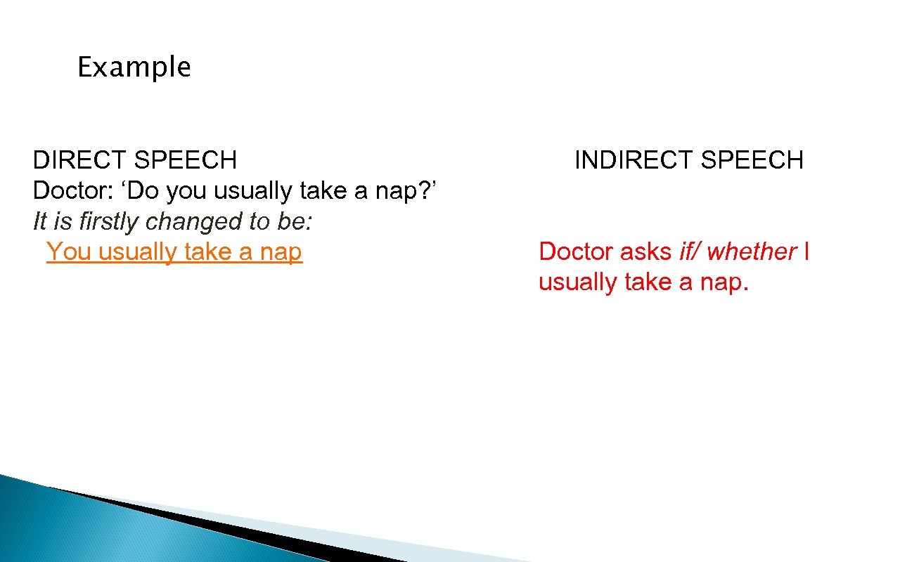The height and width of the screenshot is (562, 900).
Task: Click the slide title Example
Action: click(x=134, y=68)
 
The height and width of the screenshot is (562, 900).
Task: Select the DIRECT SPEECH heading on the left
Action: click(x=134, y=160)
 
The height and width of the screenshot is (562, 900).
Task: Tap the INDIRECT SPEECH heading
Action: click(x=688, y=160)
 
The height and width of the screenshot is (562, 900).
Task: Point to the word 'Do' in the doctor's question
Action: click(x=147, y=191)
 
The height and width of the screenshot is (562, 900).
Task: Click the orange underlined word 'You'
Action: click(x=69, y=251)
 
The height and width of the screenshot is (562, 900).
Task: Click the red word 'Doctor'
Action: click(x=576, y=251)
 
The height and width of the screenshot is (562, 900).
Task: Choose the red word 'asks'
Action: click(x=645, y=251)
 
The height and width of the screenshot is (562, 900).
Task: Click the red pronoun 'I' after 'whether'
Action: click(x=806, y=251)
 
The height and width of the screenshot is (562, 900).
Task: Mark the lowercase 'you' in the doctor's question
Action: click(x=188, y=191)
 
